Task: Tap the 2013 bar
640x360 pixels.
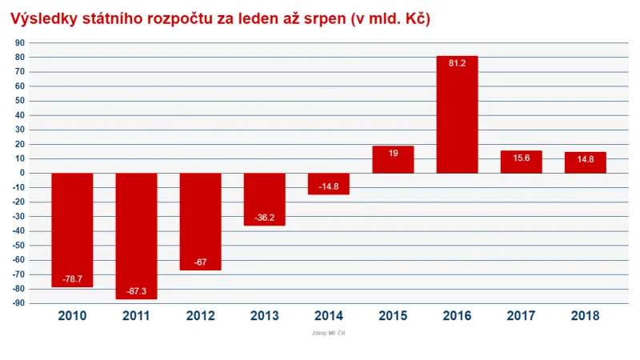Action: coord(264,199)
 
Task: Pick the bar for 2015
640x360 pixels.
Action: coord(393,160)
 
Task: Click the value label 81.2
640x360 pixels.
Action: coord(457,63)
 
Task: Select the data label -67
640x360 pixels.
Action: coord(200,262)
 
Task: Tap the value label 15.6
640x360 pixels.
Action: coord(521,158)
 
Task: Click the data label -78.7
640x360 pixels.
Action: coord(72,279)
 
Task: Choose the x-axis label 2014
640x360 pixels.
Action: coord(328,315)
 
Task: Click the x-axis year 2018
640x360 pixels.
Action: coord(585,315)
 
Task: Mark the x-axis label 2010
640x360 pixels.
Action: coord(72,315)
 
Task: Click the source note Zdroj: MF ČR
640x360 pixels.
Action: coord(328,333)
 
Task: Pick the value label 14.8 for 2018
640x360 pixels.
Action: coord(585,158)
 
